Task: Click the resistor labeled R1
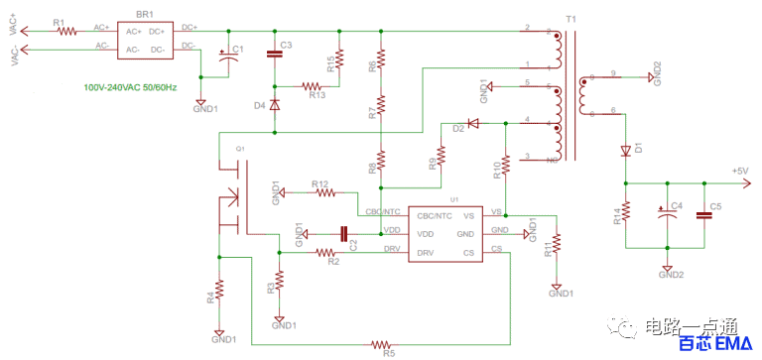[66, 30]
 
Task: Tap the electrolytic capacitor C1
[230, 60]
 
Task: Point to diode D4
[274, 102]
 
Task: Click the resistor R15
[339, 59]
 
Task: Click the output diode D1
[626, 151]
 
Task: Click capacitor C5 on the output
[704, 214]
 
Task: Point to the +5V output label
[740, 172]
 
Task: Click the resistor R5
[381, 344]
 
